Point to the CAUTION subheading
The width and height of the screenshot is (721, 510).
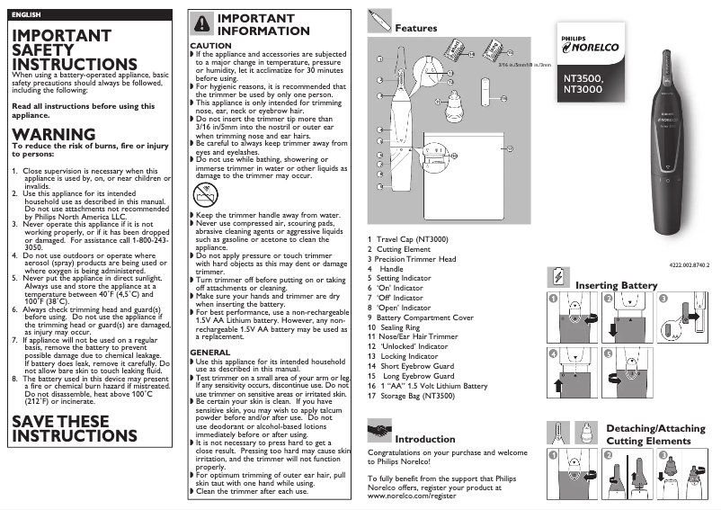(210, 45)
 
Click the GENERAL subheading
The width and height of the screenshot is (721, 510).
(210, 352)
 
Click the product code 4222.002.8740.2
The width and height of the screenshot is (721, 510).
(690, 264)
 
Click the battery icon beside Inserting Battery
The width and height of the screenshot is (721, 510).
(558, 274)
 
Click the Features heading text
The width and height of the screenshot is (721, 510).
(416, 28)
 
